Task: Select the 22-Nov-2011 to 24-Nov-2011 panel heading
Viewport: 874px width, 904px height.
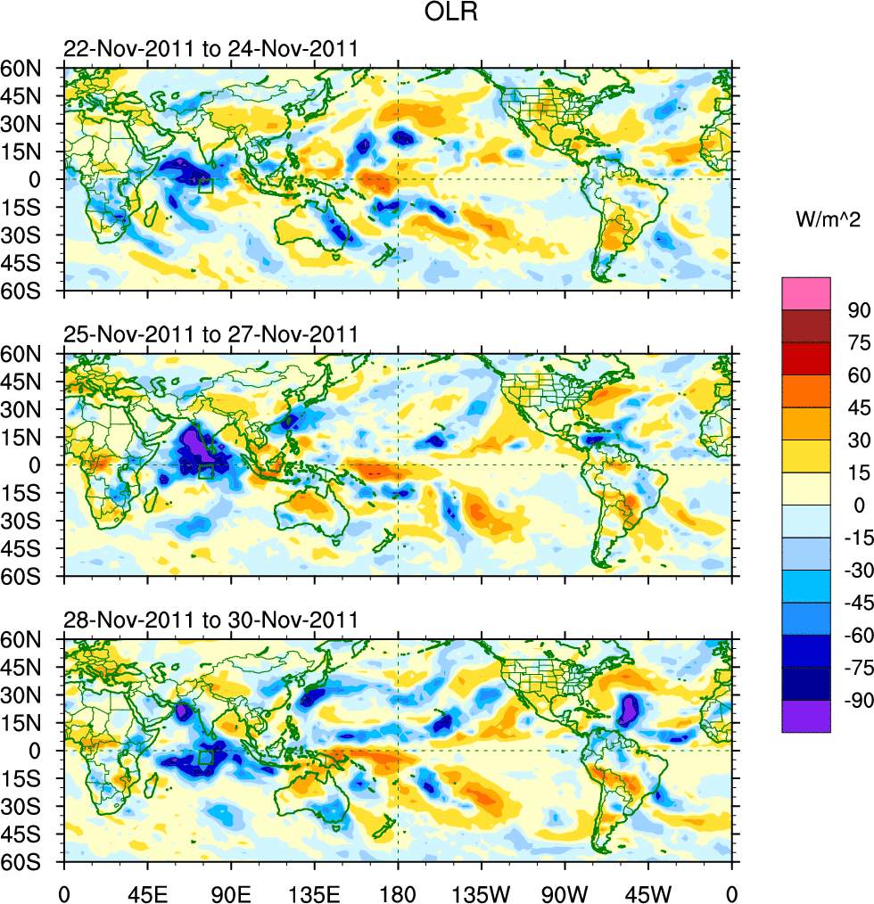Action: point(210,49)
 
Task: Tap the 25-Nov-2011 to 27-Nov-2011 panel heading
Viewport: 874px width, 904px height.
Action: point(210,335)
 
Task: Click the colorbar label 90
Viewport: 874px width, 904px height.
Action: point(857,309)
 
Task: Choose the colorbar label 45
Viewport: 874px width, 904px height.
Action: point(857,407)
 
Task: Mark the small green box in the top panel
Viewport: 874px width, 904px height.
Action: point(205,185)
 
